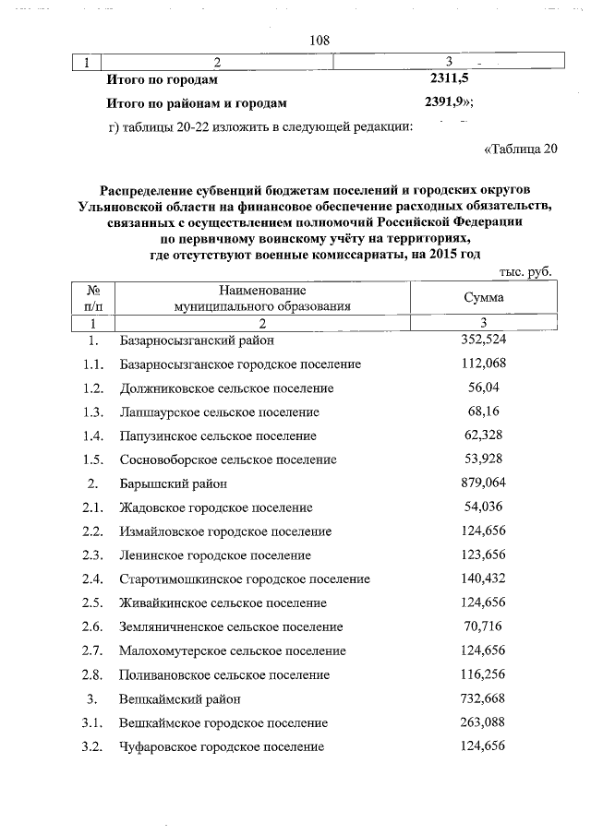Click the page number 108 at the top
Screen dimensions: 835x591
coord(320,41)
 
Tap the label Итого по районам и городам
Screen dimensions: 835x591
coord(197,103)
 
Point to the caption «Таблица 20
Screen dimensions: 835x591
coord(521,149)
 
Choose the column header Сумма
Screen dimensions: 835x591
coord(484,298)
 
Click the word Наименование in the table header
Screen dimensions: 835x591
coord(261,290)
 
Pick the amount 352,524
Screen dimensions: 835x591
coord(483,340)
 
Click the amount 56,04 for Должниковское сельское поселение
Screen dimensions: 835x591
coord(483,388)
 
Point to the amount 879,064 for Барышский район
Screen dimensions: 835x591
coord(483,483)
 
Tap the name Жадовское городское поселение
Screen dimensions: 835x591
coord(216,507)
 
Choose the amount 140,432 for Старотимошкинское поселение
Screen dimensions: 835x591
coord(483,579)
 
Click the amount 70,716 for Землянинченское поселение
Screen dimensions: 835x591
coord(483,626)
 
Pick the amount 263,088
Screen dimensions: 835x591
coord(483,722)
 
